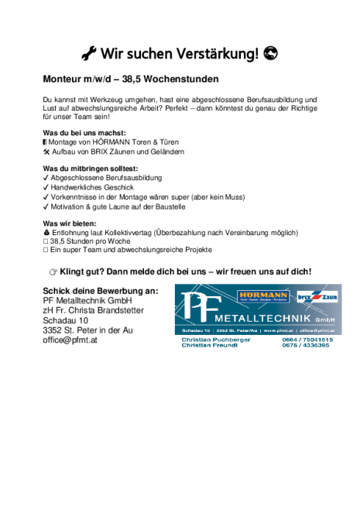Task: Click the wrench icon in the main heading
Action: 89,53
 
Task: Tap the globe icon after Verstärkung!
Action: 270,53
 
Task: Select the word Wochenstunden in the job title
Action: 182,79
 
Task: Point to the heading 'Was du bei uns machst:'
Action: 84,133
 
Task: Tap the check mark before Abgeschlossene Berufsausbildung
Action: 46,178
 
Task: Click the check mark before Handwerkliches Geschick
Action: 46,187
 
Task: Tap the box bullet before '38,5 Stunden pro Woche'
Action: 46,241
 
